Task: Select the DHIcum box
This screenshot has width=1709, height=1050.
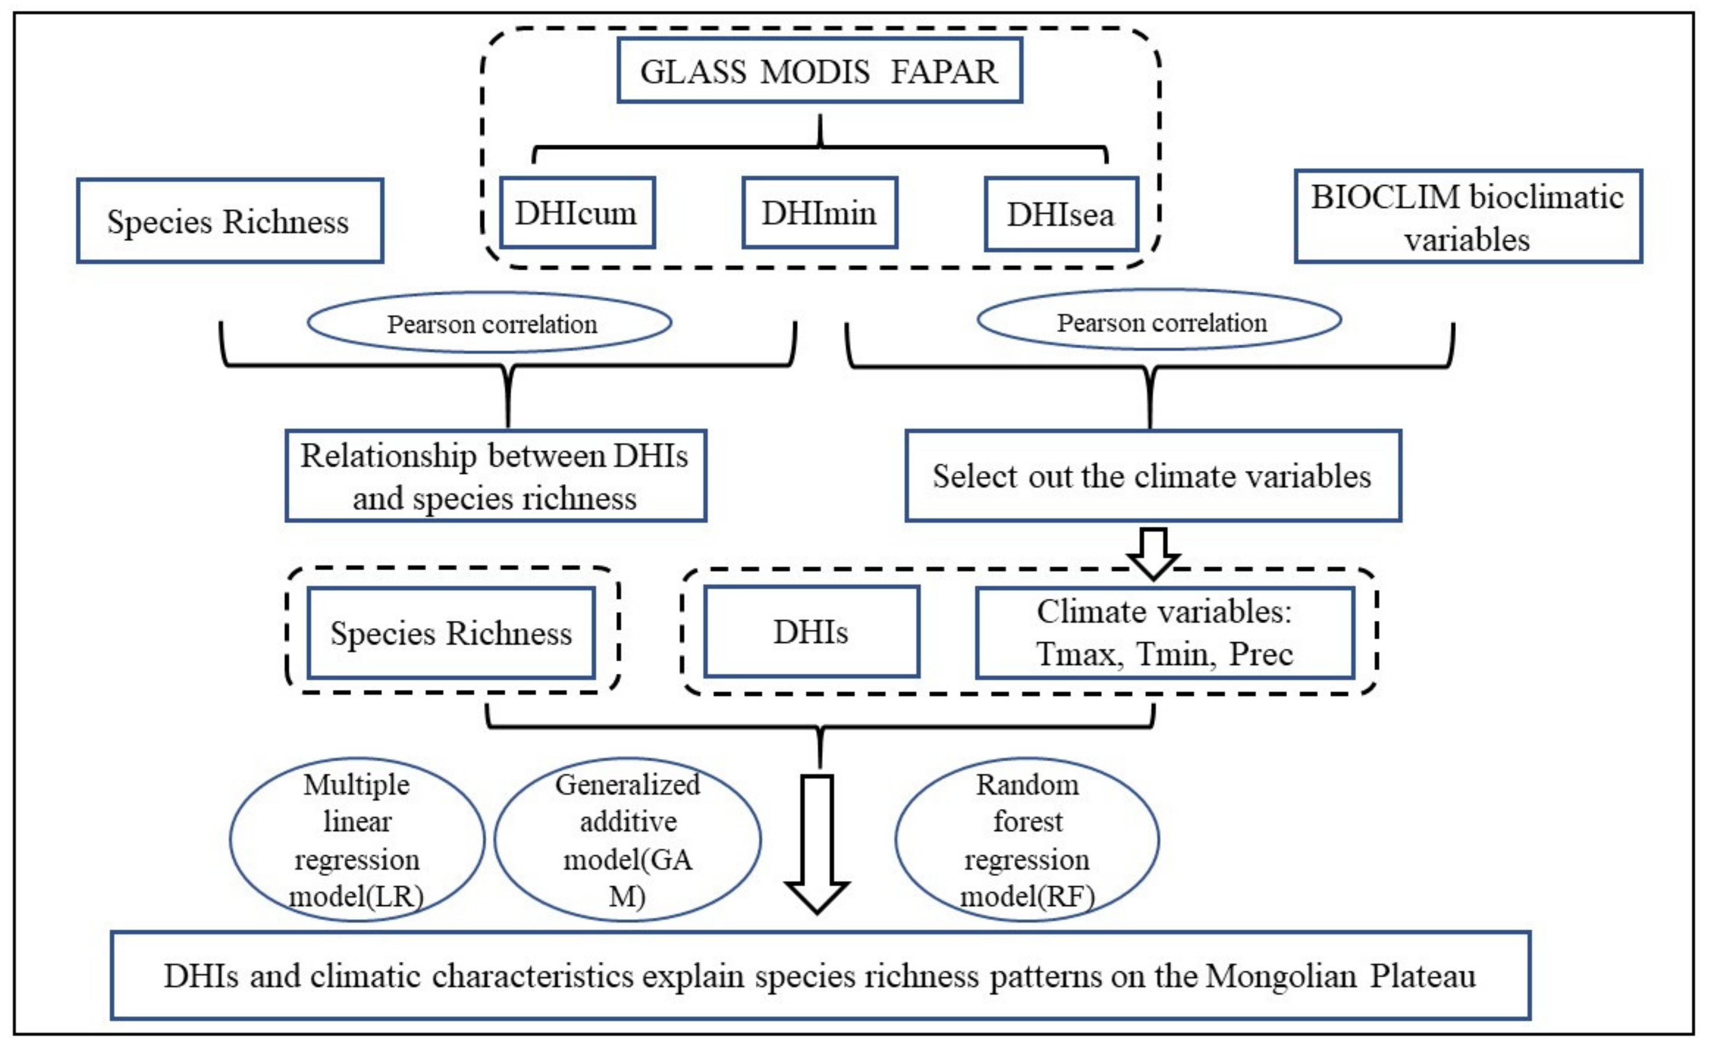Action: pos(576,212)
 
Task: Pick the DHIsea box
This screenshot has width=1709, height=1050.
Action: pos(1060,214)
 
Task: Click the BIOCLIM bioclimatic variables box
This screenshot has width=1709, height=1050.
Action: pos(1467,217)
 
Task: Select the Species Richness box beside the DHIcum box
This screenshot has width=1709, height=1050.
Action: pos(229,221)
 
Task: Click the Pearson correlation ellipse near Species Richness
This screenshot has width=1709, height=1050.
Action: pos(489,323)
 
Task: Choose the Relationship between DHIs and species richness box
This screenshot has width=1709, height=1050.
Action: pos(495,476)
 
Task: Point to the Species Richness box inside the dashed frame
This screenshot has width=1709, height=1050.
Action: pos(451,633)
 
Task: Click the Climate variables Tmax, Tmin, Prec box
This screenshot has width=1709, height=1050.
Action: pos(1164,633)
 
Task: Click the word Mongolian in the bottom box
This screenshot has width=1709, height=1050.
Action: pos(1280,976)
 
